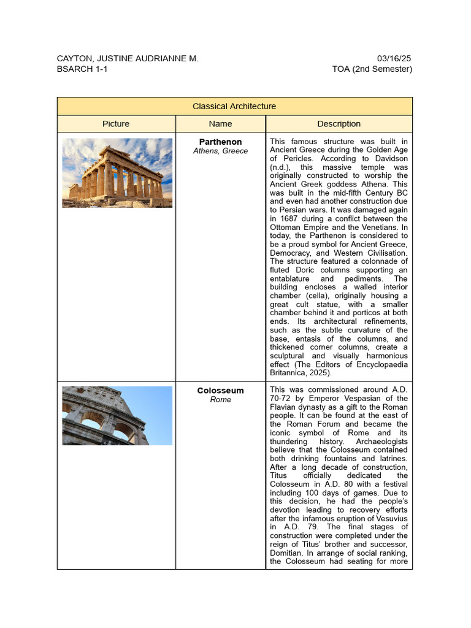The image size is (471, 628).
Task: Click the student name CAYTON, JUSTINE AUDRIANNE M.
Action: (128, 58)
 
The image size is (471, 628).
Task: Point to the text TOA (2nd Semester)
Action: (372, 69)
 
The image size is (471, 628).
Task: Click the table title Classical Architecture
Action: (234, 106)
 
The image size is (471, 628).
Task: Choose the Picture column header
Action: (116, 124)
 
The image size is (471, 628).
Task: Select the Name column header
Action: (220, 124)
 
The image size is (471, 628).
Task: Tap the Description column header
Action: (339, 124)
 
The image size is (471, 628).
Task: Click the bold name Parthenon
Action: (220, 142)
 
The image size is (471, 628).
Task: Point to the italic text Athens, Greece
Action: (220, 151)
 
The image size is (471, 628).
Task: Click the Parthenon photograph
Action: (117, 172)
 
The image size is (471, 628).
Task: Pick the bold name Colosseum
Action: (220, 391)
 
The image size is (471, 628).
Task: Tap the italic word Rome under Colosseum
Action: (220, 400)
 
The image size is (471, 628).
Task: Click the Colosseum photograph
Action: (117, 416)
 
